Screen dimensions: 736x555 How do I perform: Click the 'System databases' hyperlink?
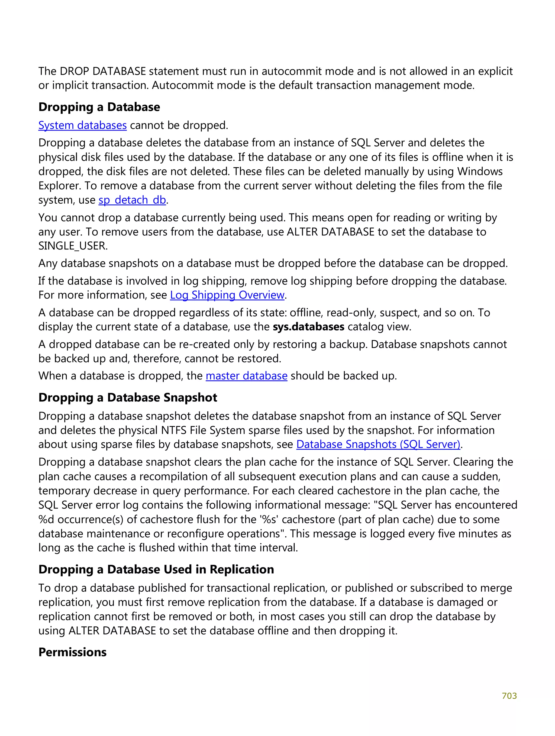click(x=82, y=125)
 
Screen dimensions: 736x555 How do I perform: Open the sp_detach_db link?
click(x=132, y=200)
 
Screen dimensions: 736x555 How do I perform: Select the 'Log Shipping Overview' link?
click(x=227, y=295)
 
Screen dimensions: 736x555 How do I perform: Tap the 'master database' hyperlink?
click(x=246, y=376)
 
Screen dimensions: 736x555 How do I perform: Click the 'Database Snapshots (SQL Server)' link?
click(x=378, y=444)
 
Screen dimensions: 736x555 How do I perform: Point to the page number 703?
click(x=509, y=696)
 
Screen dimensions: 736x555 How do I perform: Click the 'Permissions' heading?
click(x=72, y=652)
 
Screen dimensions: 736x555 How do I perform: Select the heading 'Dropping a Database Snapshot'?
click(x=128, y=397)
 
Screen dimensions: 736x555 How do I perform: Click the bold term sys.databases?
click(x=308, y=327)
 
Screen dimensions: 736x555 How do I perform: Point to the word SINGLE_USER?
click(x=73, y=246)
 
